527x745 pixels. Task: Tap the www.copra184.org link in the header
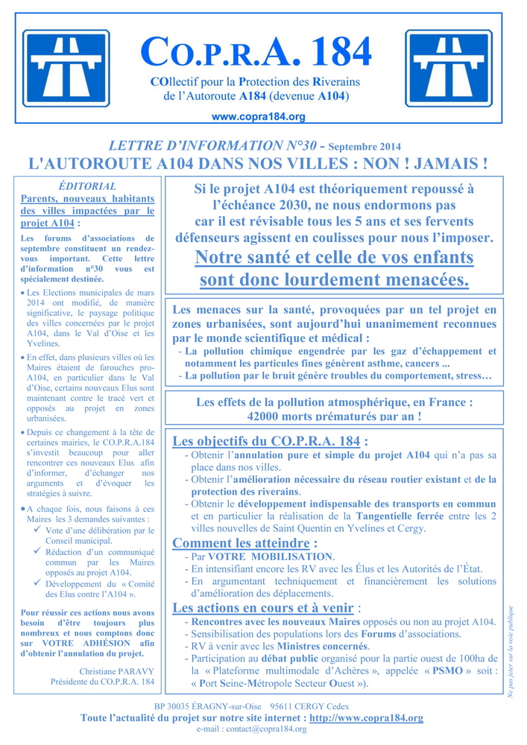(259, 117)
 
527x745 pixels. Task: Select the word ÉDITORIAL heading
(87, 186)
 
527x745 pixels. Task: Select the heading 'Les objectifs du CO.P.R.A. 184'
(270, 440)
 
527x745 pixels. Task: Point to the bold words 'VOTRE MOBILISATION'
(271, 557)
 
